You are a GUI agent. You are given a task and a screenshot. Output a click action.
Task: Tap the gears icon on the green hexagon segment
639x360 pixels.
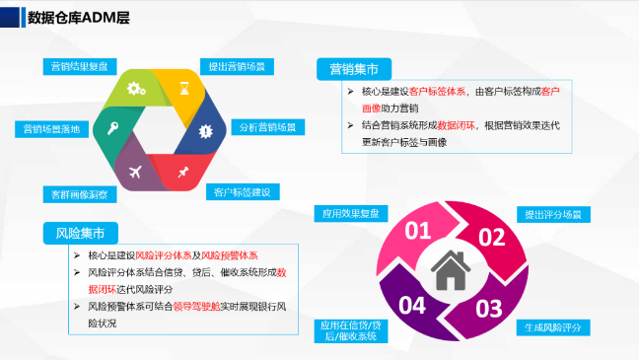pos(136,90)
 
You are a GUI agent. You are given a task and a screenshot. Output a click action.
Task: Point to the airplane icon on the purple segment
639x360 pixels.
pos(135,172)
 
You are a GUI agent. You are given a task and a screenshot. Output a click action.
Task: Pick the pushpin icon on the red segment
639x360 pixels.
pos(183,173)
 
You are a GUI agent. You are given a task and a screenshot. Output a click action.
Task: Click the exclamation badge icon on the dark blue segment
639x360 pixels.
pos(205,130)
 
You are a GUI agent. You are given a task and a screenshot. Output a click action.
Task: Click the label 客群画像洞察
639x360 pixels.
pos(79,194)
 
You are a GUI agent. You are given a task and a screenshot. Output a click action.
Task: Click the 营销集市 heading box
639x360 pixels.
pos(353,69)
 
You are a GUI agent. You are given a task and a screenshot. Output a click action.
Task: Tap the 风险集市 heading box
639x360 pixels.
pos(81,233)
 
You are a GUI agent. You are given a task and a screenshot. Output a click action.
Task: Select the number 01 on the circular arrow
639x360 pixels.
pos(419,233)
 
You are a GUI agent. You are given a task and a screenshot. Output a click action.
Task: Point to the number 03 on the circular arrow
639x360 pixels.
pos(489,308)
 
